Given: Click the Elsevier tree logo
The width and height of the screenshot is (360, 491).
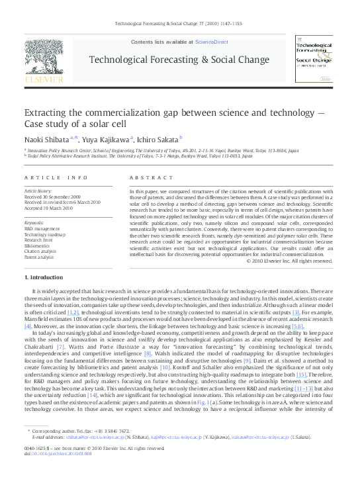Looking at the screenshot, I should [x=44, y=60].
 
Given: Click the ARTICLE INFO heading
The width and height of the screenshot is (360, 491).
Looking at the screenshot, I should [x=56, y=178].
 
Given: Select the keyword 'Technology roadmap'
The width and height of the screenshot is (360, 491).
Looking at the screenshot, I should [x=44, y=234].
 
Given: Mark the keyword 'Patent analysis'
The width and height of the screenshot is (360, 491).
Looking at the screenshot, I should [x=39, y=257].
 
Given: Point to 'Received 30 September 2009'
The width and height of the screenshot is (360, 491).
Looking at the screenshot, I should [x=54, y=196].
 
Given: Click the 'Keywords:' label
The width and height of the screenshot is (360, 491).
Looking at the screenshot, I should [x=34, y=224].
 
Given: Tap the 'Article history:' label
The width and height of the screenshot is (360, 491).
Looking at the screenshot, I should [x=38, y=191].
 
